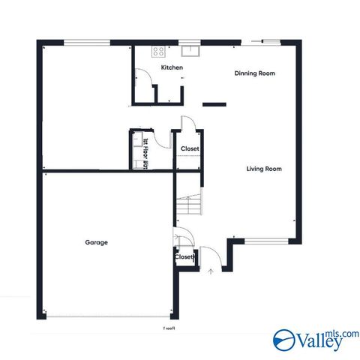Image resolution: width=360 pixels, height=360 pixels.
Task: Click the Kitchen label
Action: pos(172,68)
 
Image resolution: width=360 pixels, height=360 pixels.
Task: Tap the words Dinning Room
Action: pos(254,73)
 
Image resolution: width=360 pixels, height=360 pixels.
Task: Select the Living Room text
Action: pos(263,169)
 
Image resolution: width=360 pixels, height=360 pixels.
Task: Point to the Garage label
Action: pos(96,242)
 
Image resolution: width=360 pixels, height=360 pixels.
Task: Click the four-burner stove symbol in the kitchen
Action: pos(159,52)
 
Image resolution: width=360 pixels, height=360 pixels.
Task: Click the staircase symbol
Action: pos(190,203)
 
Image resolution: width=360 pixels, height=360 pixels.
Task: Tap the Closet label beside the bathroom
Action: pos(190,148)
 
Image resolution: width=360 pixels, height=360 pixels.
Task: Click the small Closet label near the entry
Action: pos(184,256)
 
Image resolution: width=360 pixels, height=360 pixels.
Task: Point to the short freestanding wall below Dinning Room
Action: pos(215,103)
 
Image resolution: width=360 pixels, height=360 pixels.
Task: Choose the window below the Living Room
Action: pos(267,241)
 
